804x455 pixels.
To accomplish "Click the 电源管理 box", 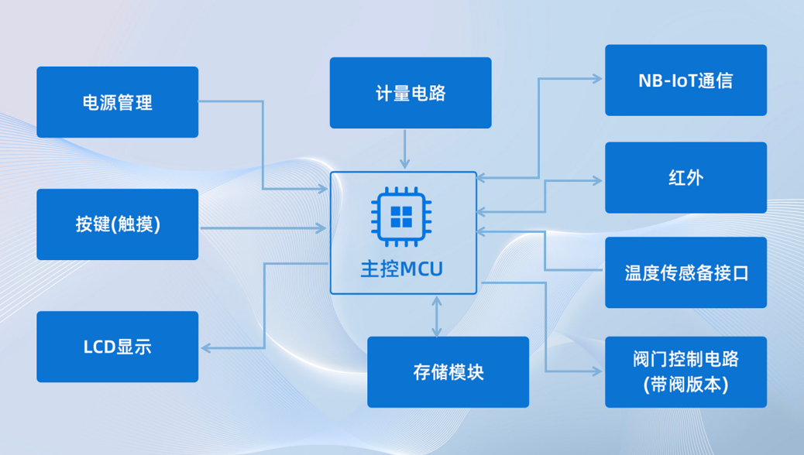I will [118, 102].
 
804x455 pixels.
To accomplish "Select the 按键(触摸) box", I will [118, 224].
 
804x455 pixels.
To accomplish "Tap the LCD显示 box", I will [118, 347].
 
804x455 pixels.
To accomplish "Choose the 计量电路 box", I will [411, 93].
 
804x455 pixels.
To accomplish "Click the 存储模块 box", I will [448, 372].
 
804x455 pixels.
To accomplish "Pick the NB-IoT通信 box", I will [685, 80].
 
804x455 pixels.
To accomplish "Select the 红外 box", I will [685, 178].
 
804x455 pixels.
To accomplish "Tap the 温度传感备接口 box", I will [685, 272].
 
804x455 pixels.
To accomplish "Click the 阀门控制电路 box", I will [685, 372].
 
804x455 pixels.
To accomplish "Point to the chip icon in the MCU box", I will [401, 216].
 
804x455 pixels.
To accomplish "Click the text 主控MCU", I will [402, 269].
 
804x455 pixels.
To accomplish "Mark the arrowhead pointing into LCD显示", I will [206, 347].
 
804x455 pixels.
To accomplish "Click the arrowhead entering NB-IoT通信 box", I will [597, 79].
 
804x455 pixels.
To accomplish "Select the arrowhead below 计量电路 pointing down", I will [404, 163].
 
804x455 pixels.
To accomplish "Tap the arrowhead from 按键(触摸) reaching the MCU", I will [321, 228].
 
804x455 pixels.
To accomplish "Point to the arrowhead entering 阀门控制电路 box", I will [597, 372].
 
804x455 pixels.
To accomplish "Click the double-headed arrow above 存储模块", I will [438, 316].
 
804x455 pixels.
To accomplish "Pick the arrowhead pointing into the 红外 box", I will [597, 181].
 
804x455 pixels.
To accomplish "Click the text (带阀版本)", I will [685, 385].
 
